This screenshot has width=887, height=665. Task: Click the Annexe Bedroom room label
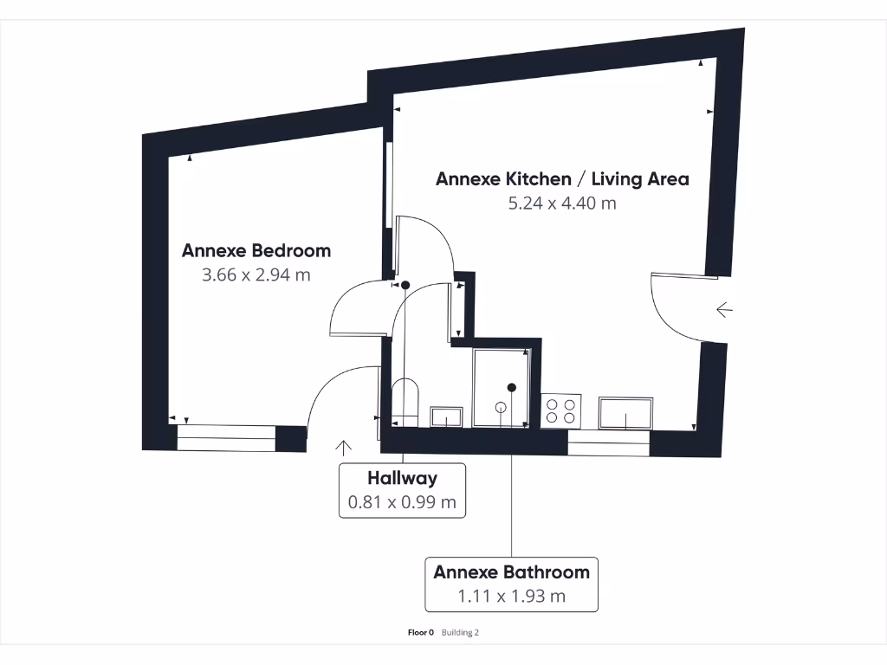pos(256,251)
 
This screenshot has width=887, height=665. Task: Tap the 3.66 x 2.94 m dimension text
pos(256,275)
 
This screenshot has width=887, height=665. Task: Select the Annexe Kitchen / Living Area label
pos(562,179)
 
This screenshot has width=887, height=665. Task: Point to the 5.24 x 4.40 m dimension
pos(562,203)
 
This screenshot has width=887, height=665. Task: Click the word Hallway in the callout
pos(402,478)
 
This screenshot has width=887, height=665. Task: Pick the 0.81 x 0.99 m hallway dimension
pos(402,501)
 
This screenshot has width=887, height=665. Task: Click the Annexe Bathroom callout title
pos(511,572)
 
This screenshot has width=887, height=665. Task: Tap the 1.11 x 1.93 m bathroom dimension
pos(511,596)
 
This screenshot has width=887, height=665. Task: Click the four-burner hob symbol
pos(560,410)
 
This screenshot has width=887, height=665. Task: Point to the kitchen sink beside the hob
pos(626,413)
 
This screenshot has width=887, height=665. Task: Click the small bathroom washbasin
pos(446,416)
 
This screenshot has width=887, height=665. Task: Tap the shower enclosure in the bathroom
pos(501,387)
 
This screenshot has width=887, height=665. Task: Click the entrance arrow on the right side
pos(724,309)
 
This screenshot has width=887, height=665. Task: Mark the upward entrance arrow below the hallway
pos(344,447)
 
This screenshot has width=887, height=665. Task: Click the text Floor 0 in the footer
pos(420,632)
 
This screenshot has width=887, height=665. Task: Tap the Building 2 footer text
pos(460,632)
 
